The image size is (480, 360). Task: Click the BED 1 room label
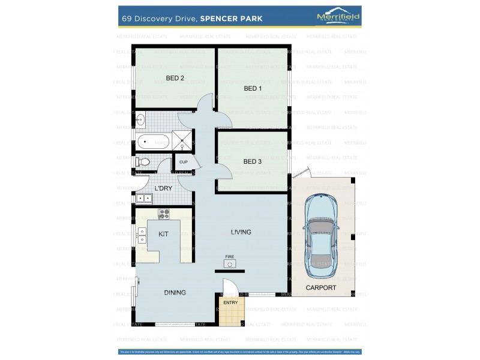click(x=253, y=89)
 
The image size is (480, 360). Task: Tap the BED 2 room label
click(x=175, y=78)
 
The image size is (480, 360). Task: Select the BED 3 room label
click(x=253, y=161)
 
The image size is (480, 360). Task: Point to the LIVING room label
click(x=241, y=232)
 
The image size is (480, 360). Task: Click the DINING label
click(x=175, y=293)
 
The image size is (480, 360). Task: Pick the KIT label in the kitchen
click(x=163, y=233)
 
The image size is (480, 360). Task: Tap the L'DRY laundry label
click(x=163, y=188)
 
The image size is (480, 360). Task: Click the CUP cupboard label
click(x=184, y=162)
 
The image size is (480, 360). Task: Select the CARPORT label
click(x=321, y=288)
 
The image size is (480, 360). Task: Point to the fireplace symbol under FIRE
click(x=229, y=263)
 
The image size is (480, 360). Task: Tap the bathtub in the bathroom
click(x=154, y=142)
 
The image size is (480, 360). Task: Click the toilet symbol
click(x=143, y=162)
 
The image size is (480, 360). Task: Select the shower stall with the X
click(x=184, y=140)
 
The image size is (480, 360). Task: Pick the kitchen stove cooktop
click(x=164, y=214)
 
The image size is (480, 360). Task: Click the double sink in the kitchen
click(x=143, y=235)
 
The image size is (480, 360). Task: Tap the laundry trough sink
click(x=144, y=199)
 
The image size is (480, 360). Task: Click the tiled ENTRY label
click(x=230, y=302)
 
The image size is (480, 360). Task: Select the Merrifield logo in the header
click(x=338, y=18)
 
